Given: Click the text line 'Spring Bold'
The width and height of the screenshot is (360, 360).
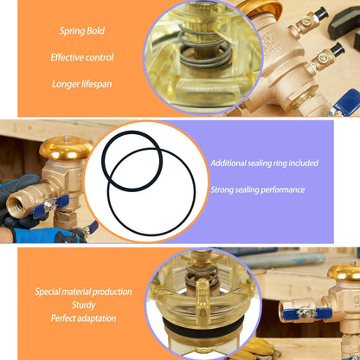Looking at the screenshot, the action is (82, 31).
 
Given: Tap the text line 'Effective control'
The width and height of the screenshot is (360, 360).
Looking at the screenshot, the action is (82, 57).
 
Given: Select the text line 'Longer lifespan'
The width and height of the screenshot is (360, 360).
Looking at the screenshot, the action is (82, 84).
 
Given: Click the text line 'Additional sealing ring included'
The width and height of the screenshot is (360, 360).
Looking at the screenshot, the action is (264, 164).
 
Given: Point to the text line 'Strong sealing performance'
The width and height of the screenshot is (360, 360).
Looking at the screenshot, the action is (258, 190).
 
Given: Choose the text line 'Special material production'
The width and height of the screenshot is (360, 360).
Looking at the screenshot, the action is (83, 292).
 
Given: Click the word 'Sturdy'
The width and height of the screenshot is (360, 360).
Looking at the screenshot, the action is (83, 305).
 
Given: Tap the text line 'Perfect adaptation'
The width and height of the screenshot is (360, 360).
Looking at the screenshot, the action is (83, 318).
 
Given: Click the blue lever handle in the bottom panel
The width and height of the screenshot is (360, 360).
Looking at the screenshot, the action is (307, 314).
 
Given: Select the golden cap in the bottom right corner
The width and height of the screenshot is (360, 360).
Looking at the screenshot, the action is (344, 273).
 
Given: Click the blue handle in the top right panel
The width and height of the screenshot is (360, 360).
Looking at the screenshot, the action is (347, 101).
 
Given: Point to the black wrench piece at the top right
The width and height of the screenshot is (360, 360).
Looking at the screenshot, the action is (344, 20).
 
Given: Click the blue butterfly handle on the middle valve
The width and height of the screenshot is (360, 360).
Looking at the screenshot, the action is (51, 206).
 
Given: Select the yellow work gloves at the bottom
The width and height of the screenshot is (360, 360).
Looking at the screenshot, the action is (260, 347).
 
